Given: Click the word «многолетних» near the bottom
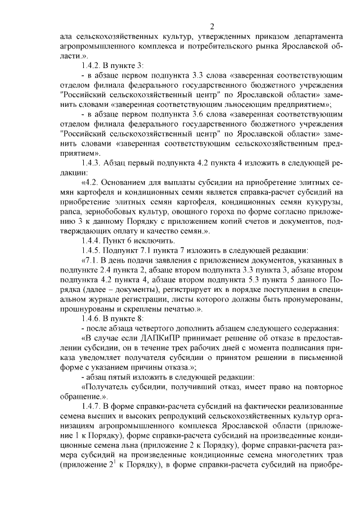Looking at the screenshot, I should (273, 453).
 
